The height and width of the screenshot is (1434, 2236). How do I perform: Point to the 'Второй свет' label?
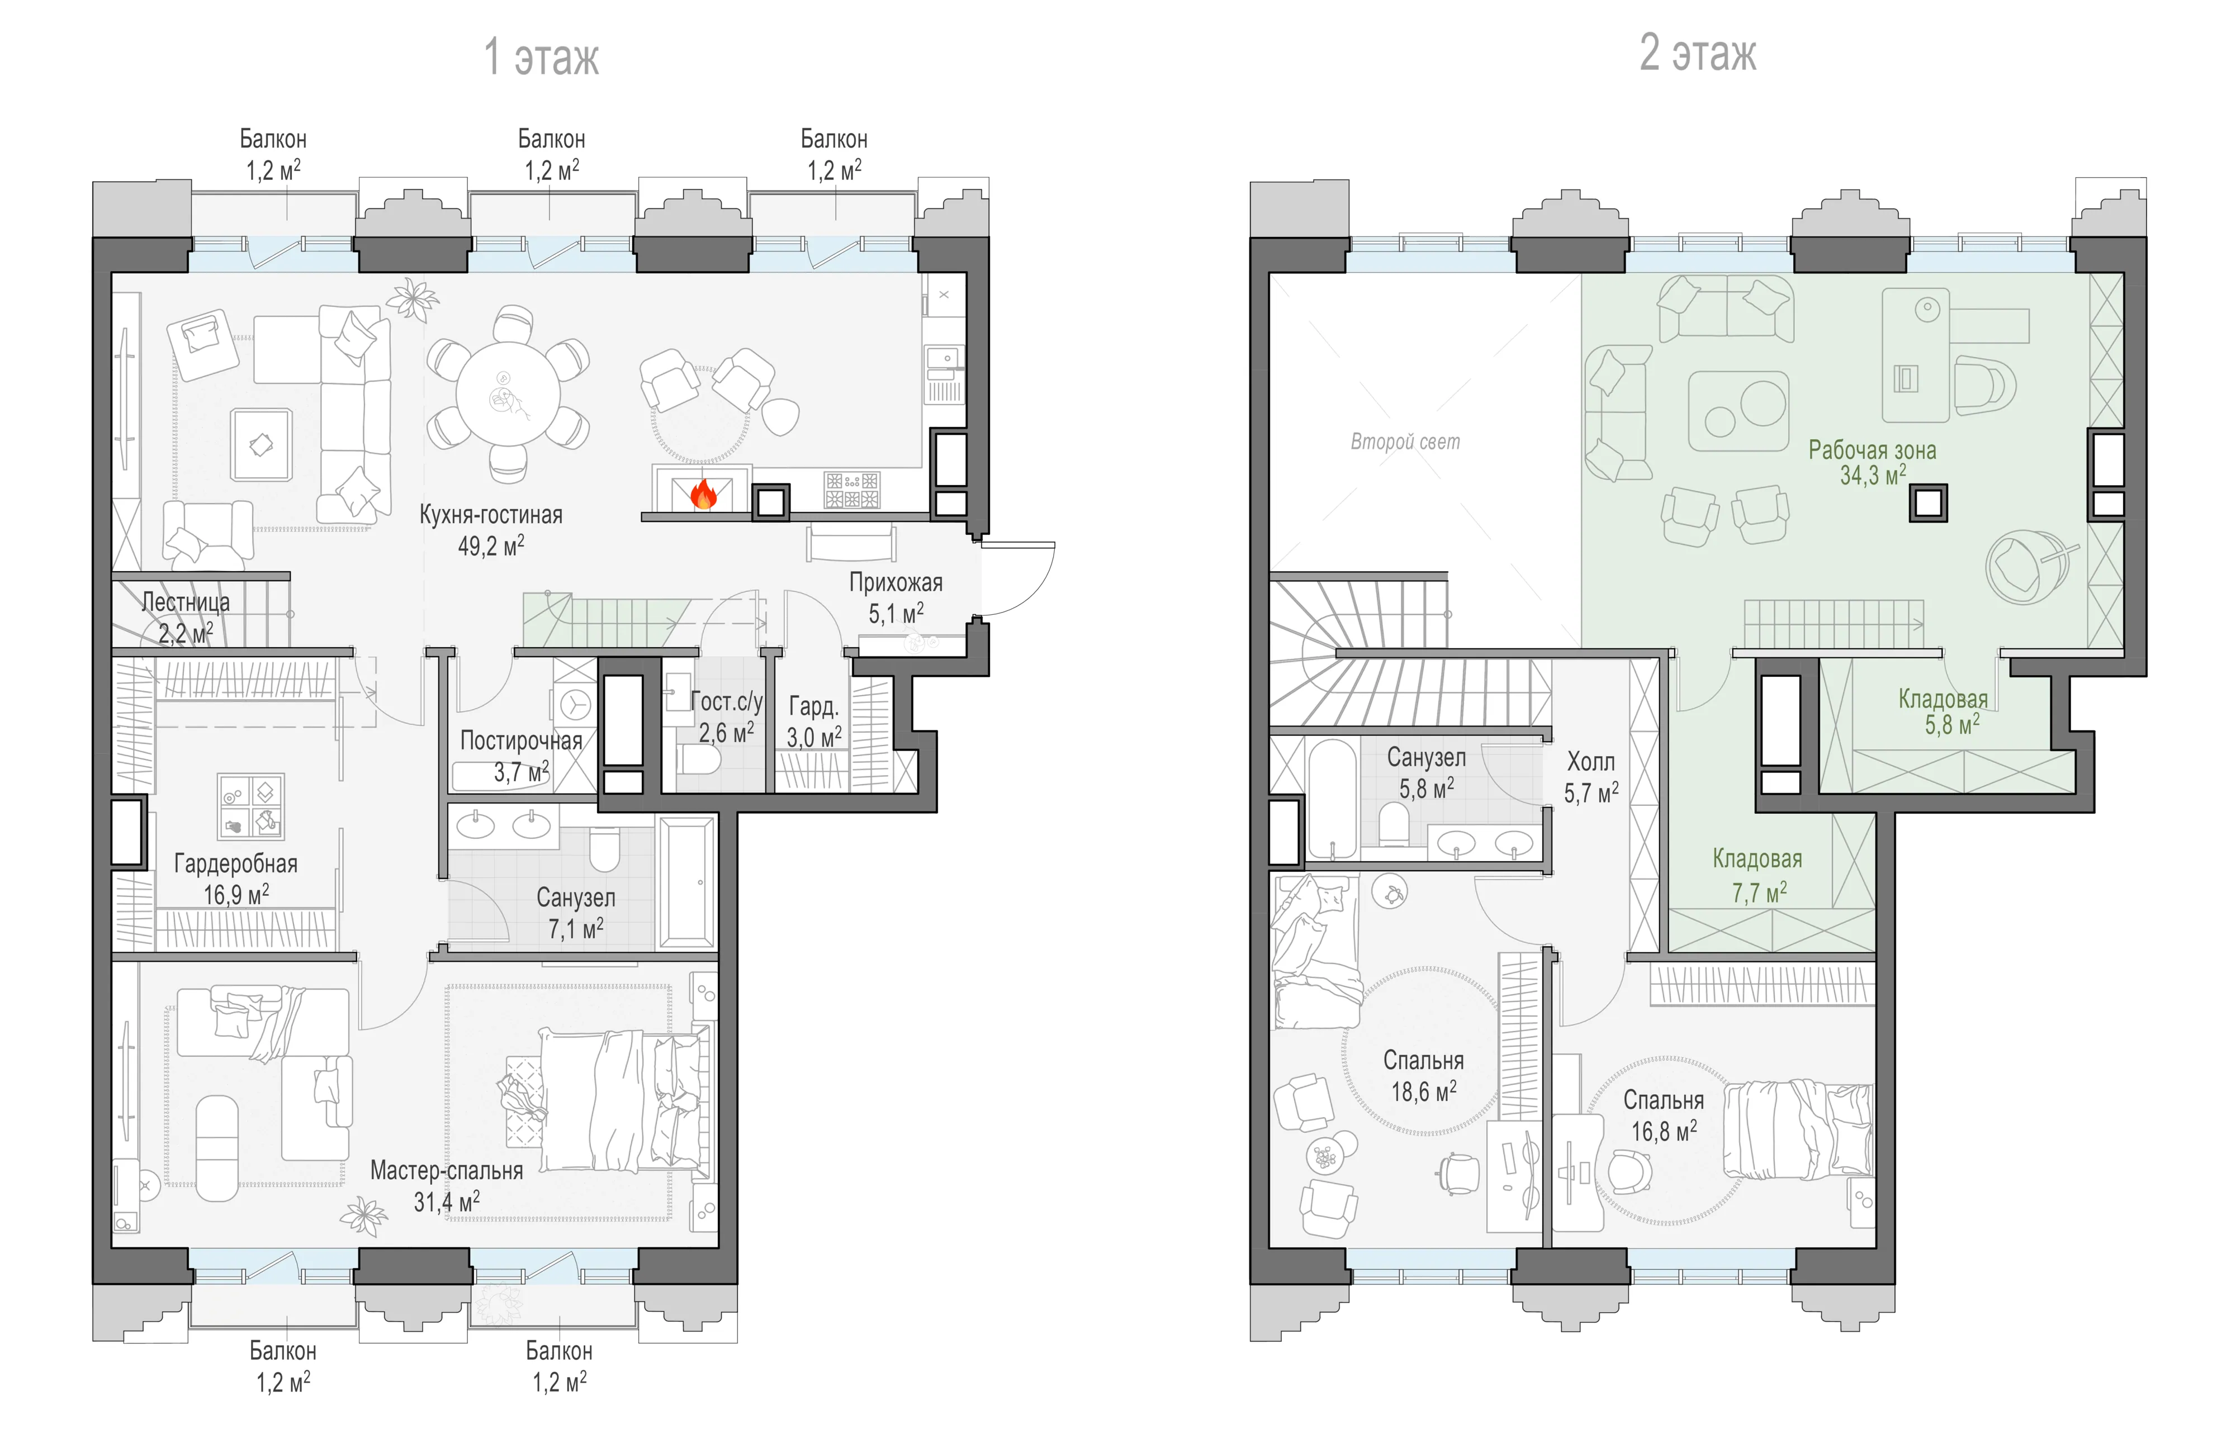click(1405, 441)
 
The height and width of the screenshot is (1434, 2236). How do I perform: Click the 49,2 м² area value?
click(491, 545)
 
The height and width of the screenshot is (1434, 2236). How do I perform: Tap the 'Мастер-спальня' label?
click(447, 1170)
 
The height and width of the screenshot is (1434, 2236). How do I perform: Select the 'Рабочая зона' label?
click(1872, 450)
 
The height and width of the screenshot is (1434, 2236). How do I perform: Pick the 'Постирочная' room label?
click(522, 741)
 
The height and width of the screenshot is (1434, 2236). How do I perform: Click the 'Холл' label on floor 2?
click(1590, 762)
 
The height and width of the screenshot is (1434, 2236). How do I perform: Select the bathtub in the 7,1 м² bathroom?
click(686, 883)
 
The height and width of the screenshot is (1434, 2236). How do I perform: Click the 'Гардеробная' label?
click(235, 864)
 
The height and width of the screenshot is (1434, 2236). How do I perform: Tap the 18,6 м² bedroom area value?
click(1424, 1091)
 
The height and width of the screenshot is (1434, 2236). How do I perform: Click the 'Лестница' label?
click(186, 602)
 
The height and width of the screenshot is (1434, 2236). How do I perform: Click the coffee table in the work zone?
click(1738, 411)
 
